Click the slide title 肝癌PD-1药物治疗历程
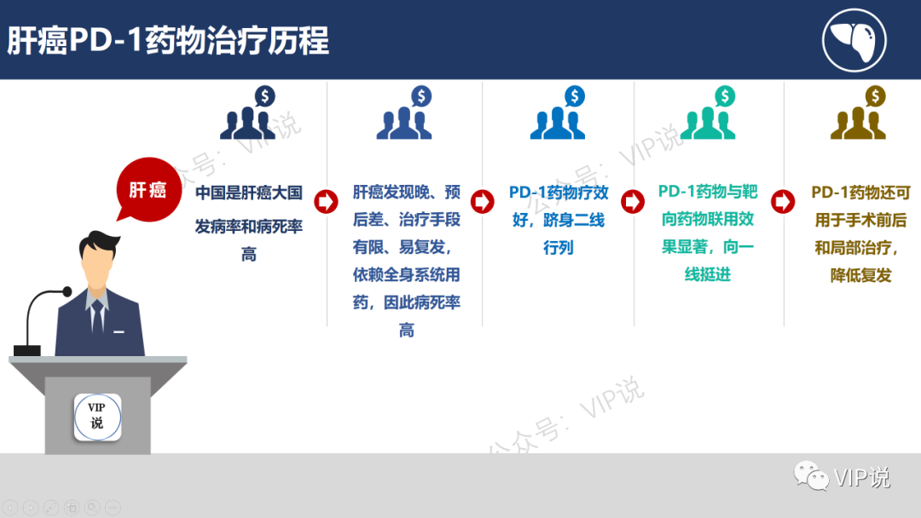[169, 41]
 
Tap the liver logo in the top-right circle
[854, 39]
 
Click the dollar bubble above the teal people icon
[725, 96]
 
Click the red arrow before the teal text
[632, 202]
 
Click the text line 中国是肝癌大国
[249, 193]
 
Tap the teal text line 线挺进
[707, 274]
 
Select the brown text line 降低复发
[860, 275]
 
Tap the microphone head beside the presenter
[67, 292]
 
